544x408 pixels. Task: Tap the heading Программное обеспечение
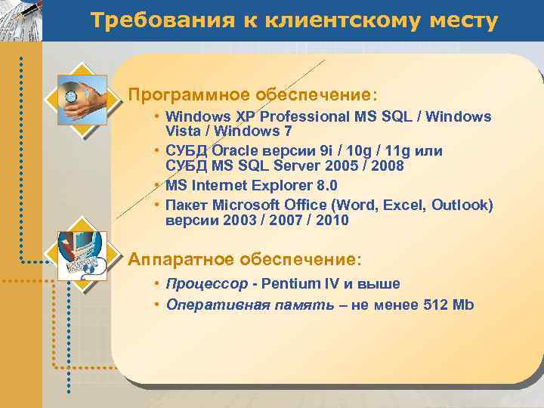(x=252, y=95)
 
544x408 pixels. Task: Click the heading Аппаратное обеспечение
(x=245, y=259)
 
